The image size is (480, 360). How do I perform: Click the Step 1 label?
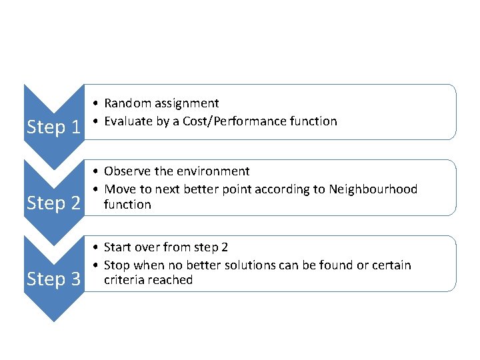point(53,127)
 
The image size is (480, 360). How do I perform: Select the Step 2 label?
point(53,203)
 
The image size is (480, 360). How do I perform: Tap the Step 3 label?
point(53,279)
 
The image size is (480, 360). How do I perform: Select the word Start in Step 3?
point(118,247)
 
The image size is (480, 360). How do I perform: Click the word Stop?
point(117,265)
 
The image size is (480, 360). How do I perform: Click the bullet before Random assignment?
point(97,104)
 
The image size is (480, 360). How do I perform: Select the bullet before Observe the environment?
point(97,172)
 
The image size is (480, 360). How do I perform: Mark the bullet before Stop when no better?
point(97,266)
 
